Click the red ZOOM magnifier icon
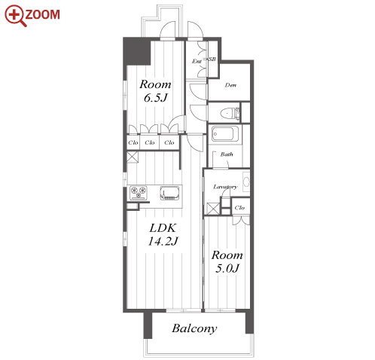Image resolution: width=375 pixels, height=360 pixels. (15, 15)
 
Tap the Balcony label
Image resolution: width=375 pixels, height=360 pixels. (194, 328)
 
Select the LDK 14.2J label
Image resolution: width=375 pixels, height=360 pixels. (163, 234)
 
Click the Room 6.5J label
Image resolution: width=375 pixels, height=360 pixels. (155, 91)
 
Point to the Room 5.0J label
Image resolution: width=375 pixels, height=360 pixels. (227, 261)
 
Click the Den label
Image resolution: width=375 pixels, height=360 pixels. (230, 85)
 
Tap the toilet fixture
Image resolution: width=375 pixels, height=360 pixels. (230, 113)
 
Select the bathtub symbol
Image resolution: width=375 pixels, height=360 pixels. (222, 134)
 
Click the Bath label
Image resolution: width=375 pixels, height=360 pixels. (227, 154)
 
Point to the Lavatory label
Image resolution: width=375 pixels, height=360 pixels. (225, 187)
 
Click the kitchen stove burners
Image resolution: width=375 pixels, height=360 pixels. (139, 193)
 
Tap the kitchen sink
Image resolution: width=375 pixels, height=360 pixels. (169, 193)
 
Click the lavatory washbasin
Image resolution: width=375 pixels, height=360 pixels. (246, 182)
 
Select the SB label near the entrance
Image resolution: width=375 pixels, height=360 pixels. (212, 59)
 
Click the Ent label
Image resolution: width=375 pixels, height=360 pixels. (197, 61)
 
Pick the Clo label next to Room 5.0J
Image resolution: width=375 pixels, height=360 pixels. (239, 208)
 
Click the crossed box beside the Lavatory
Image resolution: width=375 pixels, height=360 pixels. (213, 209)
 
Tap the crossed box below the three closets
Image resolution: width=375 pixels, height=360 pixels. (133, 157)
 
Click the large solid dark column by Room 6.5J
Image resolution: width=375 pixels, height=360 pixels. (137, 51)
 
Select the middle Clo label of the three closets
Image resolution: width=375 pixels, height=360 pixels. (150, 142)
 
